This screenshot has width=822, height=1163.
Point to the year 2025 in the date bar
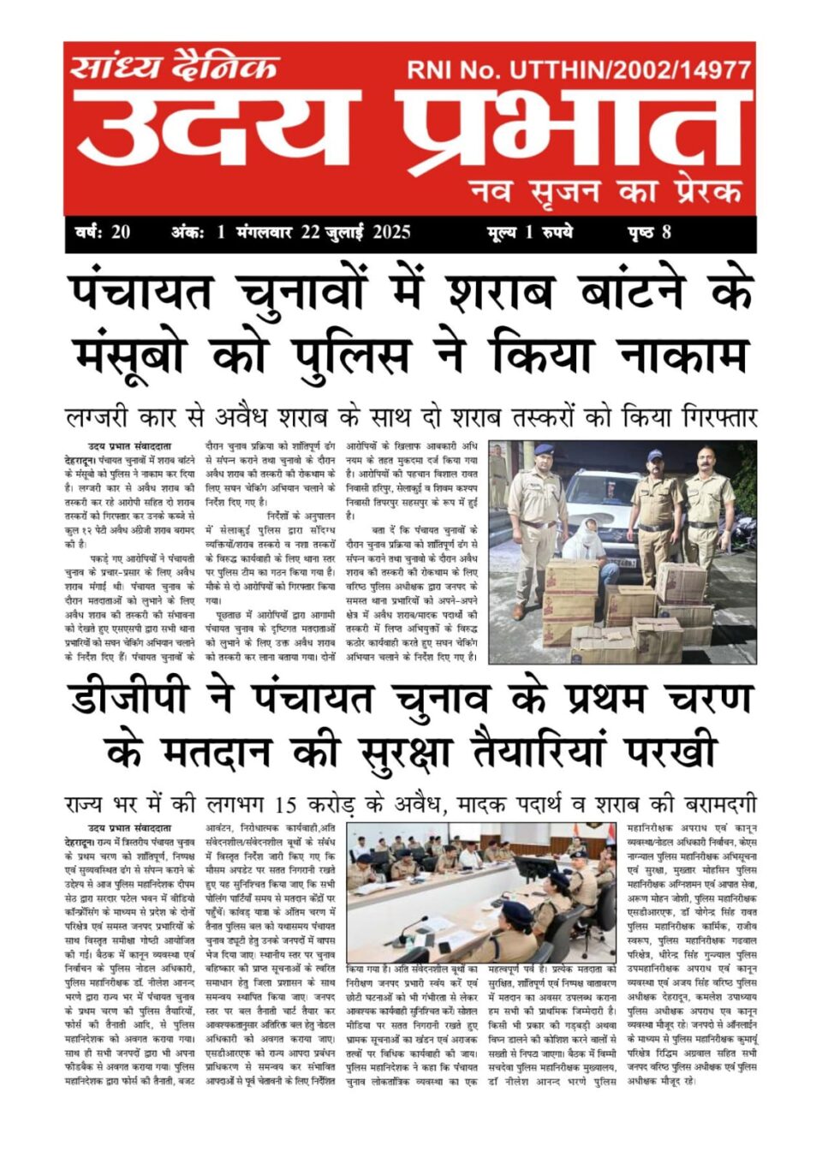[391, 232]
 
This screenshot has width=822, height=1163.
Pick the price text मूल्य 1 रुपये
[529, 232]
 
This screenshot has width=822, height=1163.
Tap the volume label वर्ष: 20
[103, 232]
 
